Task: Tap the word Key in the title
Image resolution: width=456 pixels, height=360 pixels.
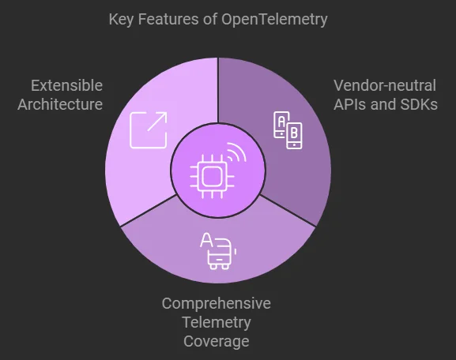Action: pos(122,19)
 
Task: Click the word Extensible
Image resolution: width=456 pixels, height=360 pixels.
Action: pos(66,85)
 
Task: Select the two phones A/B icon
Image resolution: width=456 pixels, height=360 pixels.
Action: pos(287,129)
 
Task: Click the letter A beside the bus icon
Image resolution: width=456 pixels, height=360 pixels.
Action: pos(205,239)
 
